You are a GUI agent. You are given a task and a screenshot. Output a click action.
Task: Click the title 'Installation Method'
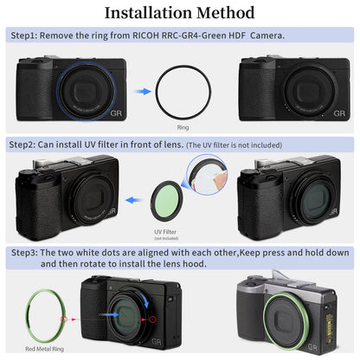tap(179, 13)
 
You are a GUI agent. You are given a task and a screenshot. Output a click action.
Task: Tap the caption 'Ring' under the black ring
tap(182, 126)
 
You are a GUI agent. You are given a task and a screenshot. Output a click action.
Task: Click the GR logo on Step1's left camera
tap(114, 112)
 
